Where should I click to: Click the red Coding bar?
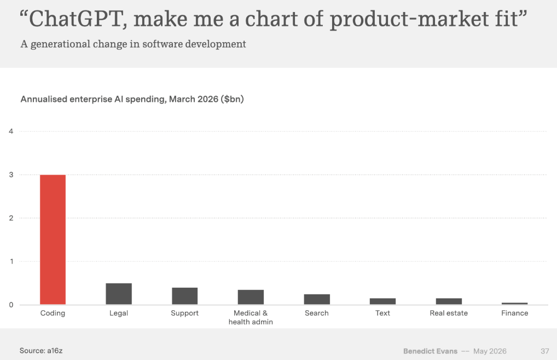coord(53,240)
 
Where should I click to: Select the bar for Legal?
coord(119,294)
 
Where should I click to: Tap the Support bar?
coord(185,296)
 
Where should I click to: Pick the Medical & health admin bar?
coord(251,297)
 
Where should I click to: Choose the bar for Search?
coord(317,299)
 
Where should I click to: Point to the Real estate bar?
coord(449,301)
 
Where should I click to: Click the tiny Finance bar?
coord(515,304)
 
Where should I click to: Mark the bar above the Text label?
coord(382,301)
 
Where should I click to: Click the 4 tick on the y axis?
coord(11,131)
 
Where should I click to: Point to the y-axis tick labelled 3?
coord(11,175)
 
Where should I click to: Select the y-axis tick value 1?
coord(11,262)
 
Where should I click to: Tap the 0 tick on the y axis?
coord(11,305)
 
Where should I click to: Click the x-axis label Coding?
coord(53,313)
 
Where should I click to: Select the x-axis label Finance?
coord(515,313)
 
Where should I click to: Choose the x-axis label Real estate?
coord(449,313)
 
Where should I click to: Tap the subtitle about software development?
coord(133,44)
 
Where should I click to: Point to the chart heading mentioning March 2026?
coord(132,99)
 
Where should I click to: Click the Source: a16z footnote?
coord(41,351)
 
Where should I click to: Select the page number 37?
coord(545,351)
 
